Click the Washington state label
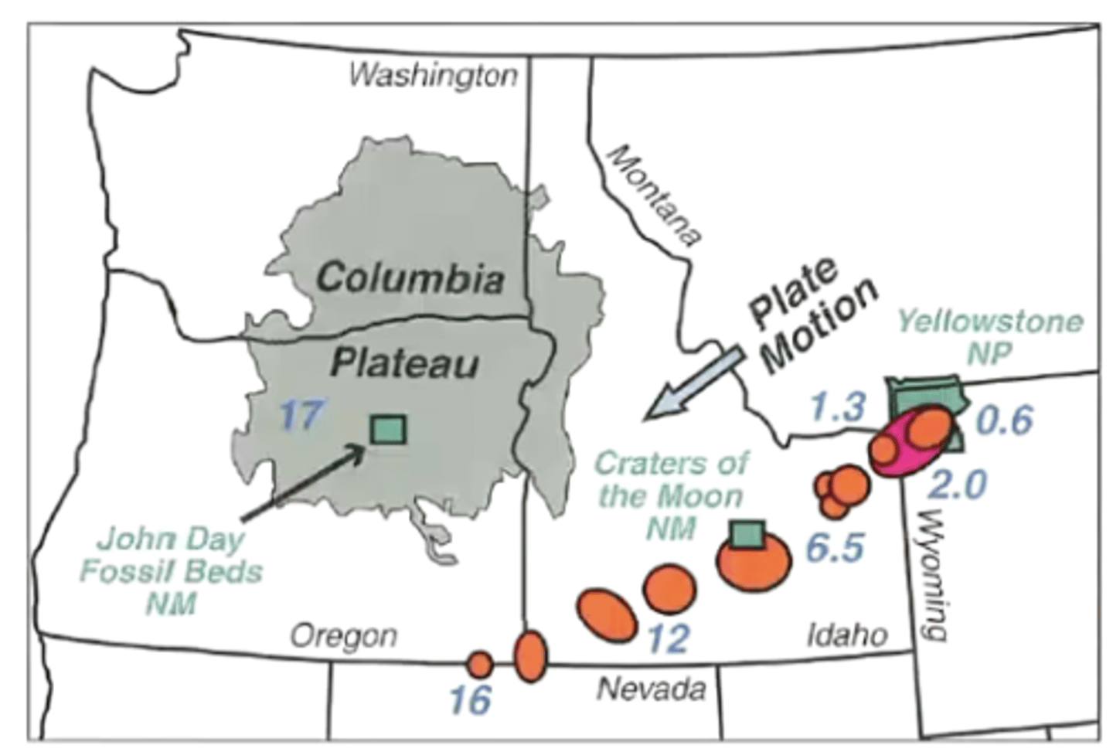(x=433, y=76)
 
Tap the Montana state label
(x=653, y=196)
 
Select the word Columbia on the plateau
(x=410, y=278)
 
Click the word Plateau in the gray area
(x=404, y=362)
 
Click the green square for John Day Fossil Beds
(x=388, y=430)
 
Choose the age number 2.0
(x=958, y=485)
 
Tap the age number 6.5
(x=834, y=549)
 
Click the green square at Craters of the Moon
(x=747, y=533)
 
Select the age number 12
(x=667, y=638)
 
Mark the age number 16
(x=470, y=700)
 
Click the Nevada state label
(x=652, y=689)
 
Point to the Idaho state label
(x=847, y=635)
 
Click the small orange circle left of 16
(x=480, y=663)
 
